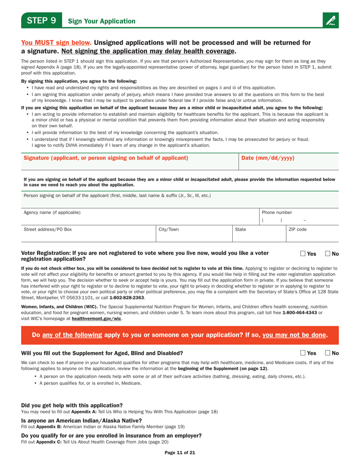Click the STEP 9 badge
[41, 20]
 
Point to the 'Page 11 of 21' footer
[180, 452]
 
